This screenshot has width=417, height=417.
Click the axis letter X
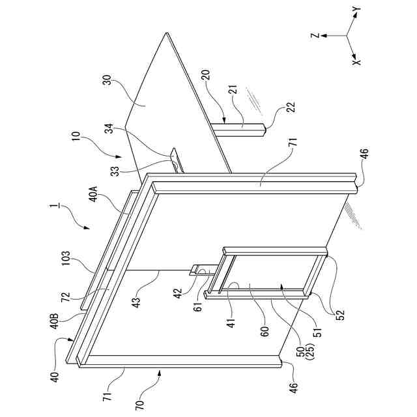pos(356,61)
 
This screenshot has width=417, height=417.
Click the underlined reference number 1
pos(52,210)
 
